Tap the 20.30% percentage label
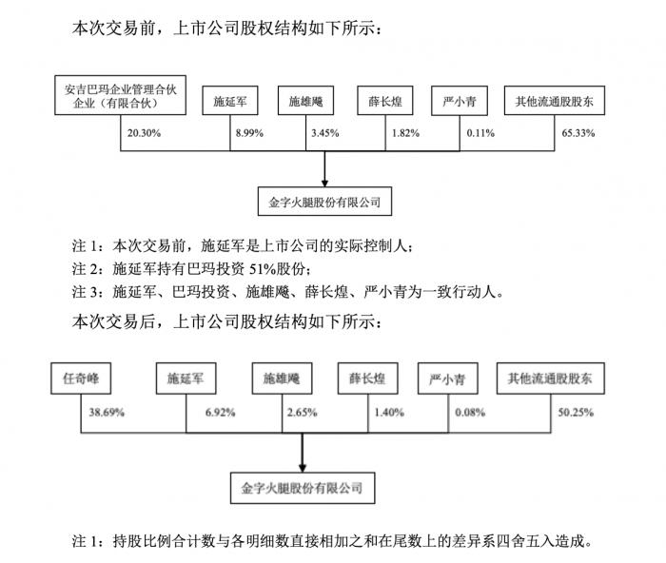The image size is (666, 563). coord(144,133)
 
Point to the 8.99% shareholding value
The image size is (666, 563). coord(249,133)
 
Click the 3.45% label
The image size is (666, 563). coord(325,133)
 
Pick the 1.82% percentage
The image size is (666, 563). coord(405,133)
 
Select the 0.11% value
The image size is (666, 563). coord(480,133)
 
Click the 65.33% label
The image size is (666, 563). coord(578,133)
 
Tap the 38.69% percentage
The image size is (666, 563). coord(107,413)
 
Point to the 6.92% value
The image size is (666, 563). coord(220,413)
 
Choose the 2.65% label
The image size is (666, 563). coord(302,413)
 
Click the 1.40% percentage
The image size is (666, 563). coord(389,413)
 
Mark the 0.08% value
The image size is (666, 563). coord(470,413)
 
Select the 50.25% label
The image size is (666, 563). coord(576,413)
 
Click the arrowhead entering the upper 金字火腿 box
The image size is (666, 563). coord(325,184)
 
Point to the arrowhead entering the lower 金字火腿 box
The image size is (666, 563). coord(303,468)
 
